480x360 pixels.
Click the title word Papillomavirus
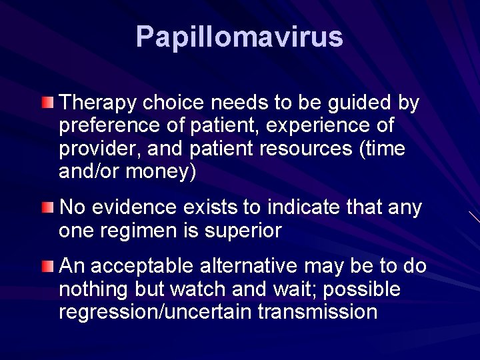pyautogui.click(x=239, y=37)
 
